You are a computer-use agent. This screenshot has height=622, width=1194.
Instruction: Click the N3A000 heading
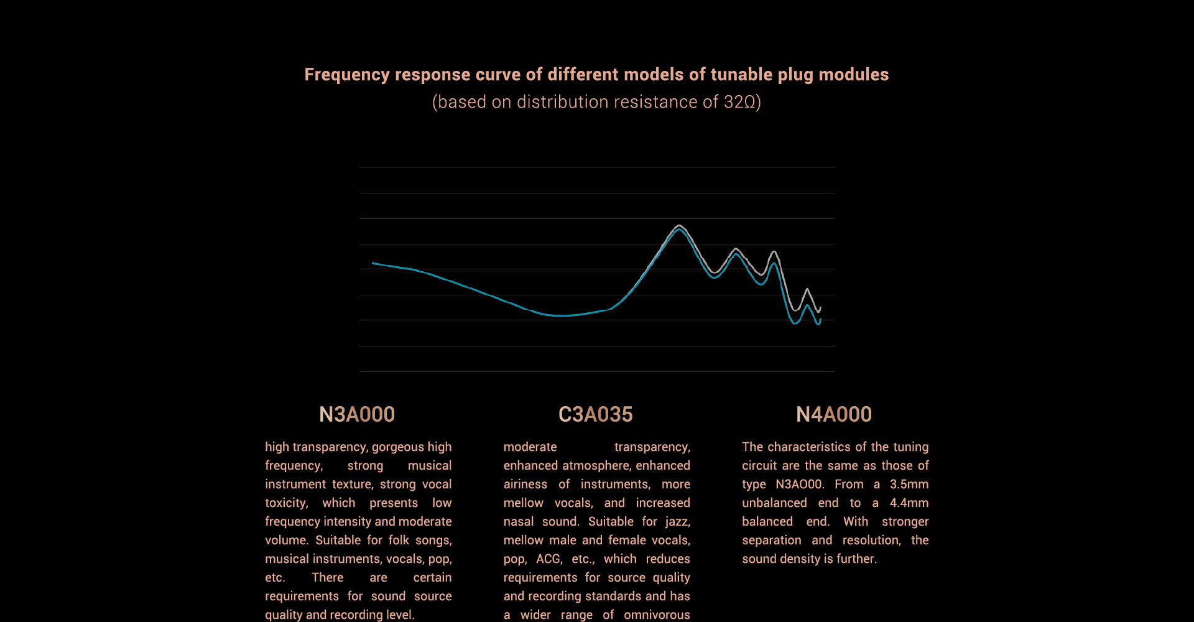pos(356,414)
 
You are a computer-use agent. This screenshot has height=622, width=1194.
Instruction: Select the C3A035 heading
pos(595,414)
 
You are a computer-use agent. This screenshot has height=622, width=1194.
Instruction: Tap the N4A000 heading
pos(833,414)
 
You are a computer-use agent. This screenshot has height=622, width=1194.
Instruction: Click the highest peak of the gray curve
pos(679,226)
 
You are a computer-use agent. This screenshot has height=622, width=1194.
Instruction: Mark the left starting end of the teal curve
pos(373,263)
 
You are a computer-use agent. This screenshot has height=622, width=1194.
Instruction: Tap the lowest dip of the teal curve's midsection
pos(562,315)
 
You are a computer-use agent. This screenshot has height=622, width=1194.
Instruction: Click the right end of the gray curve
pos(820,307)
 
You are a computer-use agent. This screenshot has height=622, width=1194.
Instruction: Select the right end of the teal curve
pos(820,320)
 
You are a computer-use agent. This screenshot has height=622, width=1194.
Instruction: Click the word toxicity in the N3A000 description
pos(286,503)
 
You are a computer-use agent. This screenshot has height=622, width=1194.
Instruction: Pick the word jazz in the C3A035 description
pos(677,521)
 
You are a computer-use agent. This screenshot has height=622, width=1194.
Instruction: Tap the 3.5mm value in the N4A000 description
pos(909,484)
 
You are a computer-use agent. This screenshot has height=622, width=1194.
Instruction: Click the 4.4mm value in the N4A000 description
pos(909,503)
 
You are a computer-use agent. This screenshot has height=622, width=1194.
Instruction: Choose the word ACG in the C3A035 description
pos(548,559)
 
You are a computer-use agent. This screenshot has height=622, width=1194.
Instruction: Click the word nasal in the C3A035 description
pos(518,521)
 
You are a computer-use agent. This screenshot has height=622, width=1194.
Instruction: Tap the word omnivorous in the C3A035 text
pos(657,615)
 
